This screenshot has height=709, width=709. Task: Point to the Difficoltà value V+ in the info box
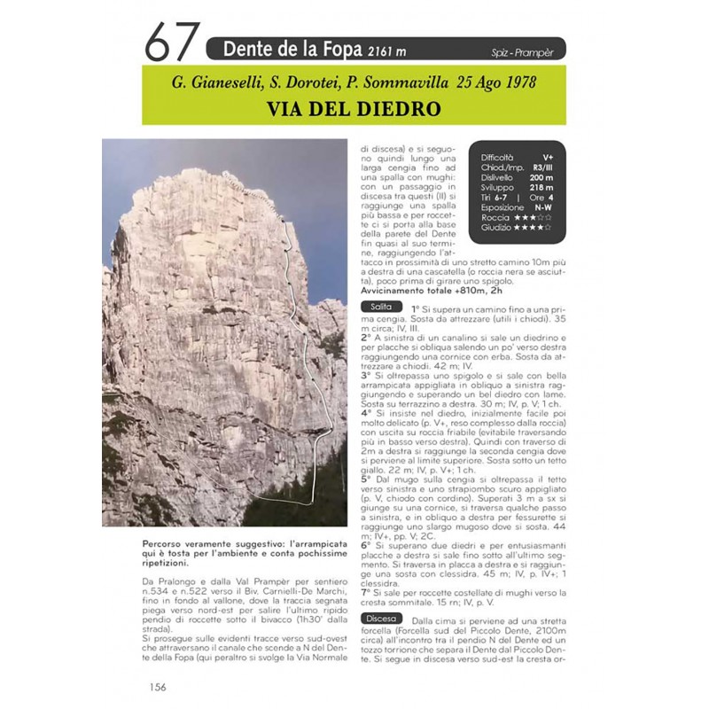pyautogui.click(x=549, y=157)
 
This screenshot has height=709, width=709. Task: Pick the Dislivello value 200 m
pyautogui.click(x=542, y=176)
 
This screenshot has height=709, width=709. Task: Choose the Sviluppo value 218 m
pyautogui.click(x=542, y=187)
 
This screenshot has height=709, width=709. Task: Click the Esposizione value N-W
pyautogui.click(x=542, y=207)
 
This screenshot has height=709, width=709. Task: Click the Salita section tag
pyautogui.click(x=380, y=307)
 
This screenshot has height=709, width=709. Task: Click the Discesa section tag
pyautogui.click(x=381, y=618)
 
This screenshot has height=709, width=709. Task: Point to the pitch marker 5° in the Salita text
pyautogui.click(x=366, y=479)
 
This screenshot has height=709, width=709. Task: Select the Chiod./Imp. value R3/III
pyautogui.click(x=541, y=167)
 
